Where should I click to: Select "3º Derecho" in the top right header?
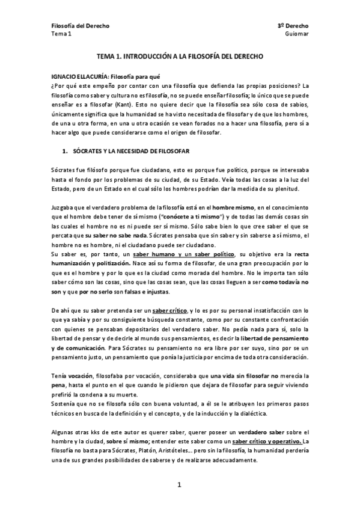click(293, 26)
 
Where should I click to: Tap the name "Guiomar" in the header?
click(296, 34)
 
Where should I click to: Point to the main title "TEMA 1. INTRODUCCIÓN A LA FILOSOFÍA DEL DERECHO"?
click(180, 55)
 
